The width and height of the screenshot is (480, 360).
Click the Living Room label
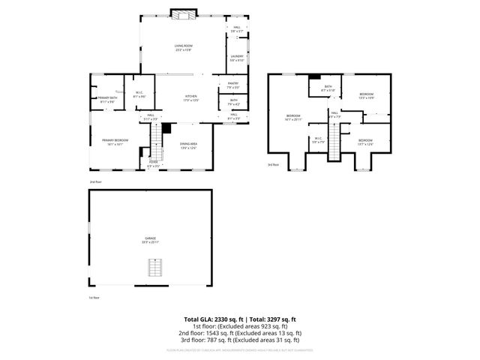click(179, 49)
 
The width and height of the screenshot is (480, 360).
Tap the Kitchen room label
click(191, 98)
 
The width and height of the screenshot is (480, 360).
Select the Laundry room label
click(236, 58)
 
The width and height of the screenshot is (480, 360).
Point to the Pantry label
click(233, 85)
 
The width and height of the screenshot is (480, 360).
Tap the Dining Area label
click(187, 146)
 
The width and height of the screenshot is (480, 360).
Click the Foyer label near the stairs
click(152, 163)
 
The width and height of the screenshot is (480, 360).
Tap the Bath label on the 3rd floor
click(328, 89)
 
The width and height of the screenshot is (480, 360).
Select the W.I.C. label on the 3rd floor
click(318, 139)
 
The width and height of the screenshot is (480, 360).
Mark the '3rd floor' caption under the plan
click(273, 164)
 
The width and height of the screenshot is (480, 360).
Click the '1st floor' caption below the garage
click(94, 298)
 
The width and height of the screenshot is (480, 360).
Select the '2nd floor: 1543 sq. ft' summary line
click(240, 333)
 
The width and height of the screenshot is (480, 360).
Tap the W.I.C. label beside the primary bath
click(139, 95)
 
